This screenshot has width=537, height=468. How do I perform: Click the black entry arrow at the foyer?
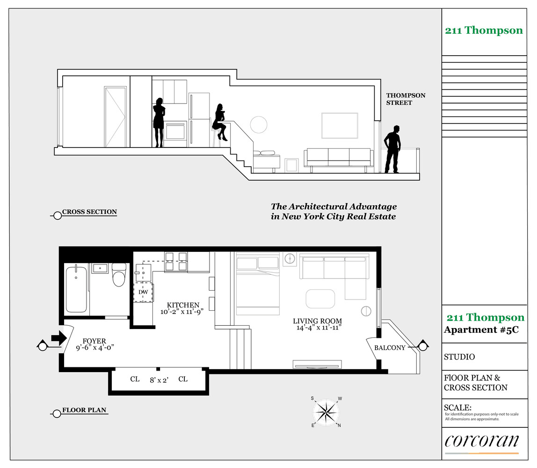click(x=59, y=338)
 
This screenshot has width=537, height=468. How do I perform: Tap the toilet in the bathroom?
click(x=119, y=274)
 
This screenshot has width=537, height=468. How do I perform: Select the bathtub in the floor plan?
click(x=76, y=289)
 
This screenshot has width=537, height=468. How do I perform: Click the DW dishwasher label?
click(x=143, y=292)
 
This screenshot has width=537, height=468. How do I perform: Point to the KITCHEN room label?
click(x=183, y=305)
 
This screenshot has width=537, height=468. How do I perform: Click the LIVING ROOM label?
click(x=317, y=321)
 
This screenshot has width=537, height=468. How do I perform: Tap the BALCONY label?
click(x=390, y=348)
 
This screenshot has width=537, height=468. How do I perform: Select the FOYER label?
click(x=94, y=341)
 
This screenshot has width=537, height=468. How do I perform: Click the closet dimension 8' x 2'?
click(x=159, y=380)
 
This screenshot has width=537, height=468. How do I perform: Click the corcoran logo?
click(x=481, y=441)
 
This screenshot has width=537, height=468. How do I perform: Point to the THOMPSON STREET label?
click(x=406, y=99)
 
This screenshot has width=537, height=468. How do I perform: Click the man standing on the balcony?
click(x=392, y=149)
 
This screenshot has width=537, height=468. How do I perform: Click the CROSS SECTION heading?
click(x=89, y=212)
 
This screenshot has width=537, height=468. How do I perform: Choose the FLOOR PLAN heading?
click(x=84, y=410)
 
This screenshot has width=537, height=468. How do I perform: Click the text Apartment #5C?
click(x=481, y=330)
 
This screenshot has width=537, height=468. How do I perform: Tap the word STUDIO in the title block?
click(x=459, y=357)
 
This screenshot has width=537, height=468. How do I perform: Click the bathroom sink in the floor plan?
click(x=100, y=268)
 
